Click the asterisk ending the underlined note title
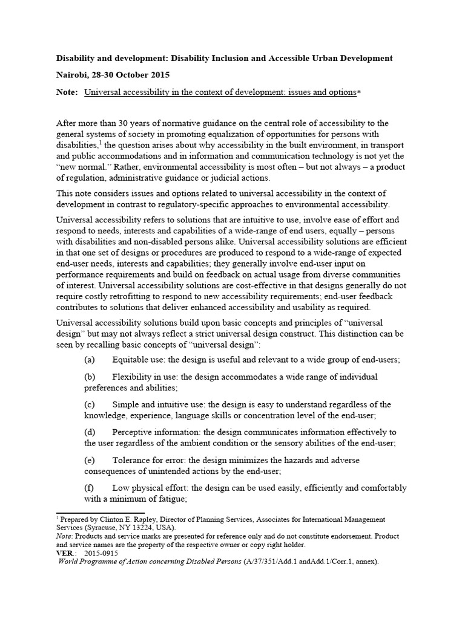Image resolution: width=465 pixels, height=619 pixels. [x=358, y=92]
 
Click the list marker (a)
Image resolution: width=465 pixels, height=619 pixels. [x=90, y=359]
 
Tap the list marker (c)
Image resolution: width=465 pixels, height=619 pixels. [x=90, y=404]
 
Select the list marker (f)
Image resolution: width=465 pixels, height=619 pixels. [x=90, y=488]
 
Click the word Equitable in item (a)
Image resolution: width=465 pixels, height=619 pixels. [x=132, y=359]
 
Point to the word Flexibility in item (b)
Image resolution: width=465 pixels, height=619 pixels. [x=134, y=377]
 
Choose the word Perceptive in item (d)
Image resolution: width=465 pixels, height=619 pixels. [x=134, y=432]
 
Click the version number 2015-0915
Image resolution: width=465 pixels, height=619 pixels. [x=101, y=553]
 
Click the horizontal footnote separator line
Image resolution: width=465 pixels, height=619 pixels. [x=100, y=513]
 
